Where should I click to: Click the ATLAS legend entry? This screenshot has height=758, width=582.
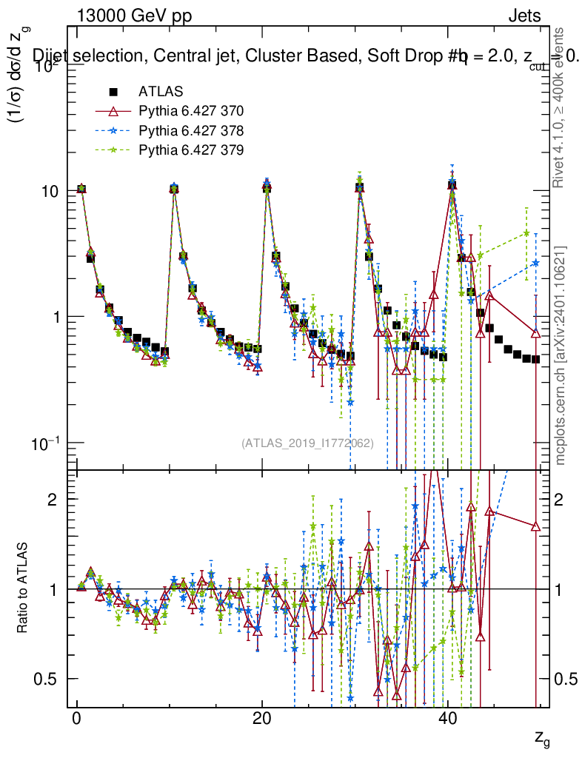click(155, 93)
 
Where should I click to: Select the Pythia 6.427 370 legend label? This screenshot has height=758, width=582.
click(190, 112)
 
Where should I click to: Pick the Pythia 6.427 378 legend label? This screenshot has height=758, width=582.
click(190, 131)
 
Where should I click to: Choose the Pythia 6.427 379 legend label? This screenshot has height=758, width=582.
click(190, 150)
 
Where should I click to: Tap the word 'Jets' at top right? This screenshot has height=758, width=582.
click(524, 16)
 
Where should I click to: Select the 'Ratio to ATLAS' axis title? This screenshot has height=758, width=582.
click(24, 589)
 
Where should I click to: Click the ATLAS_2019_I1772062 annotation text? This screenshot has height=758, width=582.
click(307, 443)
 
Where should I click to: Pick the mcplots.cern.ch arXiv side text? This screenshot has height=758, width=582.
click(561, 355)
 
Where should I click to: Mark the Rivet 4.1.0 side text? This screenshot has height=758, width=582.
click(561, 107)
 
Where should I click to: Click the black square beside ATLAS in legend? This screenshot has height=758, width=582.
click(113, 93)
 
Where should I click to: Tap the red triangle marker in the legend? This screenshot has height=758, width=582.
click(113, 112)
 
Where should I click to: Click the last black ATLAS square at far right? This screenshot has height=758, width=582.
click(535, 359)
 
